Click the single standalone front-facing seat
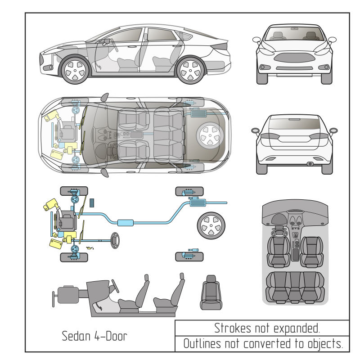pos(211,292)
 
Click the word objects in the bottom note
pos(324,344)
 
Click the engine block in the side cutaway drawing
pos(70,295)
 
